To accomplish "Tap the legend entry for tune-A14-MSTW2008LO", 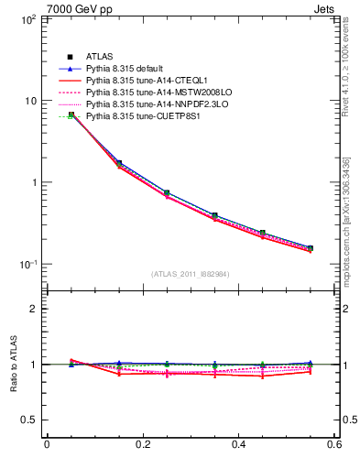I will pyautogui.click(x=146, y=93).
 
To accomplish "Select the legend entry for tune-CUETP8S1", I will pyautogui.click(x=136, y=116).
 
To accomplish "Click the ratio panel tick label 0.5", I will pyautogui.click(x=29, y=420).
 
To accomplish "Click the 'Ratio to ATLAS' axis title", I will pyautogui.click(x=12, y=365).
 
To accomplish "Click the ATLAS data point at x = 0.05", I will pyautogui.click(x=71, y=115).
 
